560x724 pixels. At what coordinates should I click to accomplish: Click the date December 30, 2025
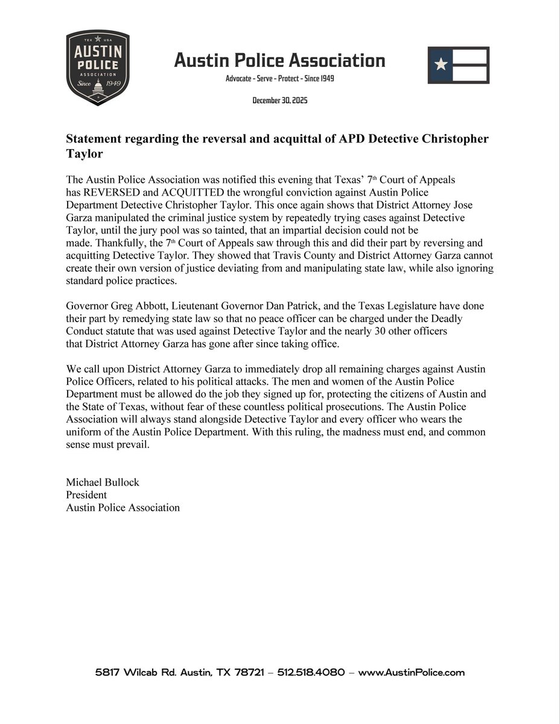click(x=280, y=100)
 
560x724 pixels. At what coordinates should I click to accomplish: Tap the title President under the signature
click(x=86, y=495)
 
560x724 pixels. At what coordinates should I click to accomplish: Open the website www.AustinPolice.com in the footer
click(x=411, y=672)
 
